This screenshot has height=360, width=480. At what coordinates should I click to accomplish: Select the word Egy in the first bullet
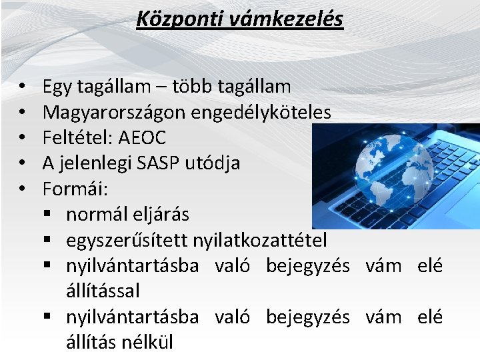pos(57,87)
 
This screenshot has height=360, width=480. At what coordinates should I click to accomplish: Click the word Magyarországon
pos(114,112)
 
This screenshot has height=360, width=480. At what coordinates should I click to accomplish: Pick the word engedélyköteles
pos(261,112)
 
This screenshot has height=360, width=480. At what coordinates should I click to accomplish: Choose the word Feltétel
pos(77,137)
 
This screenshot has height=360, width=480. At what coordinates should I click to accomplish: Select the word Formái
pos(73,189)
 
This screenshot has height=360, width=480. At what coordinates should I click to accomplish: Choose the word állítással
pos(103,291)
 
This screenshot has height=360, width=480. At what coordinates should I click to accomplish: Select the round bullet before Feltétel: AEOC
pos(22,138)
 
